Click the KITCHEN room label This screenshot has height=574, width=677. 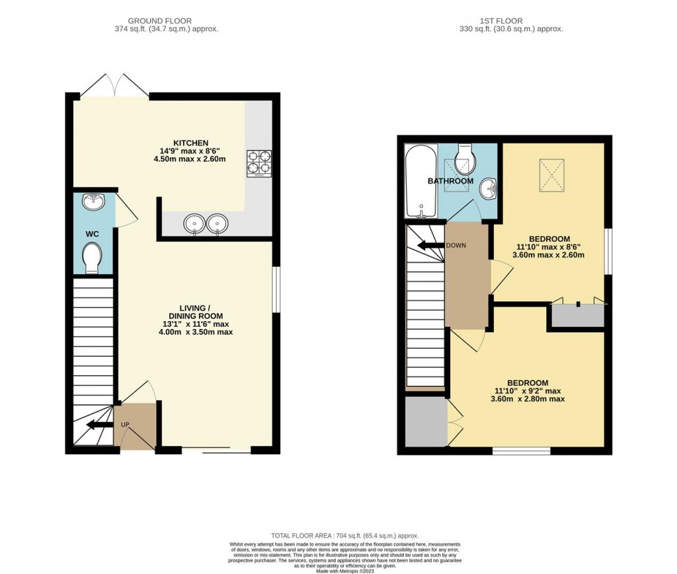[190, 143]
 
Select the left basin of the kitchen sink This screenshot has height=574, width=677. [196, 224]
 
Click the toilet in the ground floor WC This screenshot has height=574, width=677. [92, 256]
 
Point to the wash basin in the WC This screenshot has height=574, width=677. [93, 202]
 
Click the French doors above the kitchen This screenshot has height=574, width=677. [116, 86]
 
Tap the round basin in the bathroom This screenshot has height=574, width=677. [489, 188]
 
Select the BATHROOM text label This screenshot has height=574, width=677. [450, 181]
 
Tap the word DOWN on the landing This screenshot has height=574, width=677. [456, 246]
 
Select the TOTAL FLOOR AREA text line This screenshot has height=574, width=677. [344, 536]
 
